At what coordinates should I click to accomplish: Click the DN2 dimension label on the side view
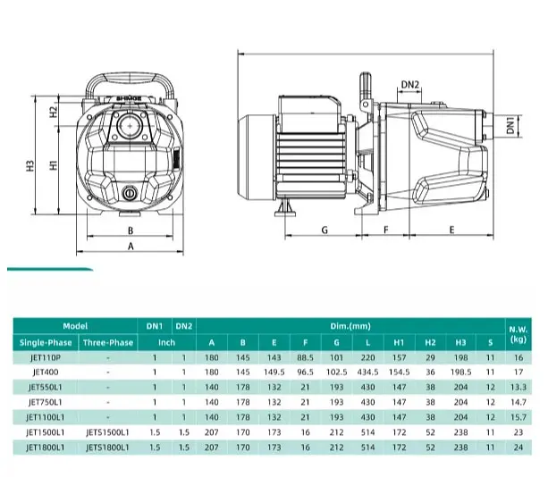click(x=409, y=85)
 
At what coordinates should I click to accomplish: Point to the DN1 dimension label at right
click(x=510, y=125)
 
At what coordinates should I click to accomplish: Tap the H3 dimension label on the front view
click(x=30, y=165)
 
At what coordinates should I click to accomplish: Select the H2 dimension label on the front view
click(x=53, y=112)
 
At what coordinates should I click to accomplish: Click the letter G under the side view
click(x=325, y=230)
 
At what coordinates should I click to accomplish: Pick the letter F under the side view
click(x=386, y=230)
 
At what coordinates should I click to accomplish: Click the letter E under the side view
click(x=451, y=230)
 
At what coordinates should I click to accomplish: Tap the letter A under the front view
click(x=131, y=247)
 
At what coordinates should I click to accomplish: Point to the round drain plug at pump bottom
click(x=130, y=193)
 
